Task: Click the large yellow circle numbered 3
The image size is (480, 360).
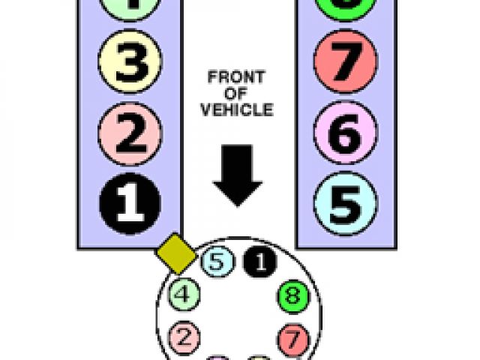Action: point(129,66)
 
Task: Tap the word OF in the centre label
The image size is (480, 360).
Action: point(237,94)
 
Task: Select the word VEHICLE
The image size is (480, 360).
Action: point(237,109)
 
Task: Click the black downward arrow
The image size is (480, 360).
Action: point(237,173)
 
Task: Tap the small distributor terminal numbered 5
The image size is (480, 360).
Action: point(217,262)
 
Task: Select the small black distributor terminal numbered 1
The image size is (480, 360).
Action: point(259,262)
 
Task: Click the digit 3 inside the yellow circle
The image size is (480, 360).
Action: point(129,66)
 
